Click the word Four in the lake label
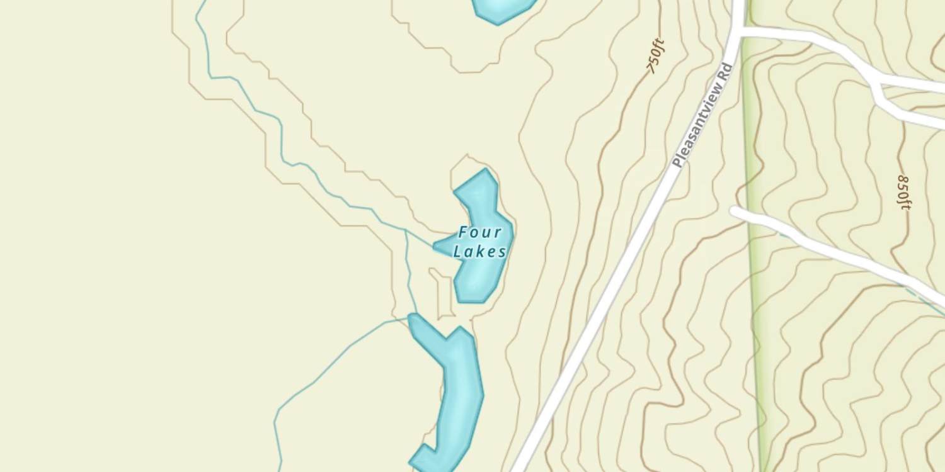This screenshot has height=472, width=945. [480, 233]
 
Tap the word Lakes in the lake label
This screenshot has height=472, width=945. [480, 252]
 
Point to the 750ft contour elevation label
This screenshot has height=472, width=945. [656, 56]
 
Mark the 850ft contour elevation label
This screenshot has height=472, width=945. [903, 192]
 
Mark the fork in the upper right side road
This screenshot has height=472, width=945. [876, 85]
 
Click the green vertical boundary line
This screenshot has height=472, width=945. [753, 252]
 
